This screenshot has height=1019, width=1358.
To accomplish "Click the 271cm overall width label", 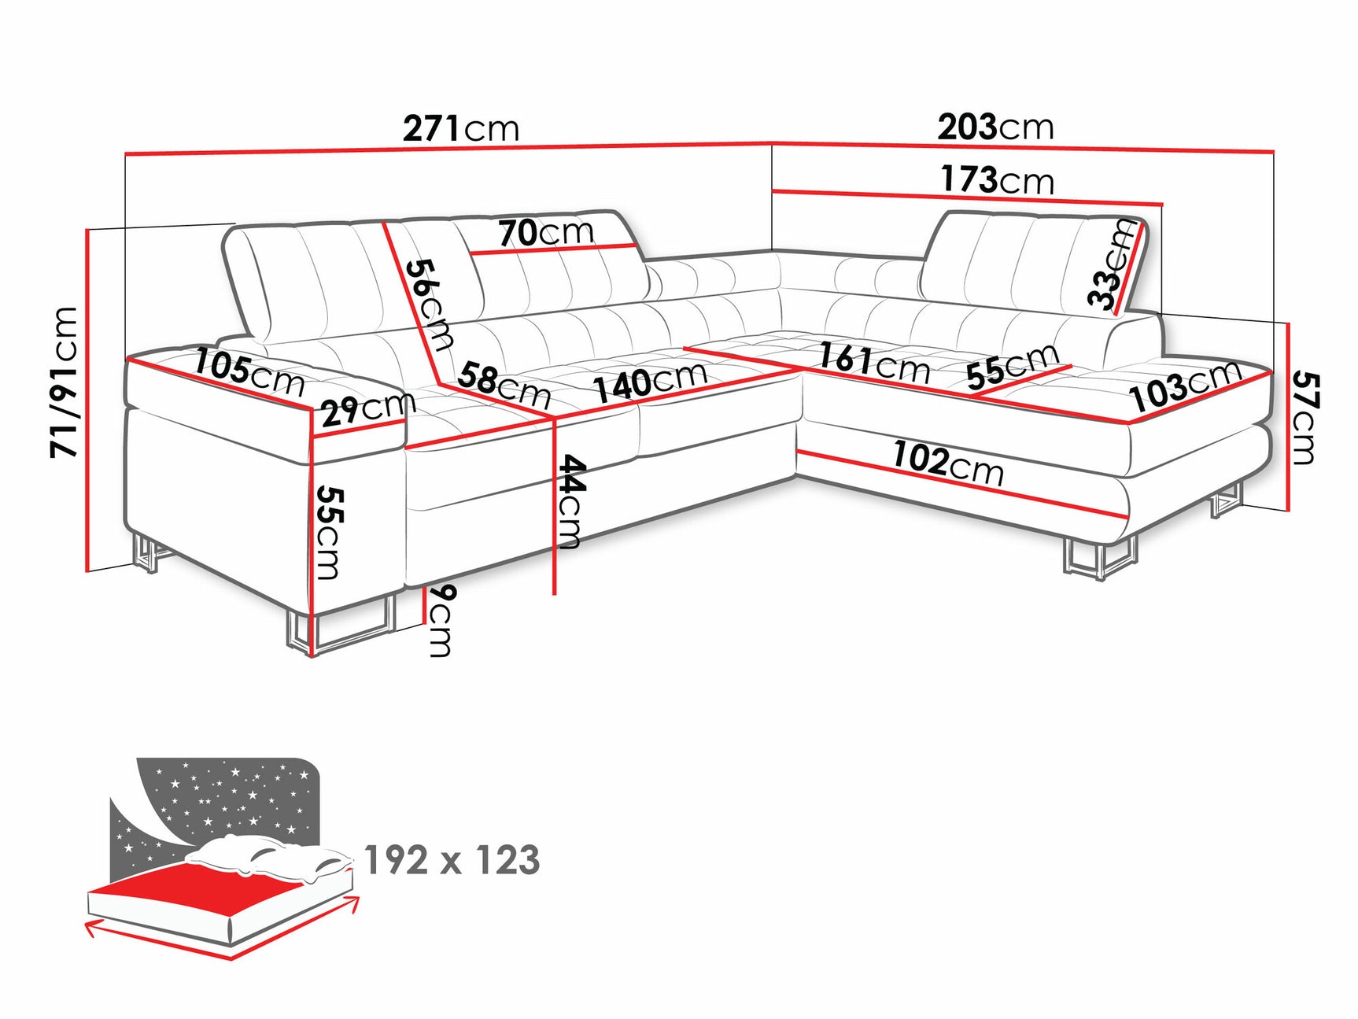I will click(461, 127).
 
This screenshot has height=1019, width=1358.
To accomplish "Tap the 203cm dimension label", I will click(995, 127).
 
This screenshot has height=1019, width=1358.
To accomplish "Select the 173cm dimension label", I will click(997, 180).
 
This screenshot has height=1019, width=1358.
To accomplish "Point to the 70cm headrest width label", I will click(546, 232).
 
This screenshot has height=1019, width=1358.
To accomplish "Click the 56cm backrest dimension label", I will click(430, 304).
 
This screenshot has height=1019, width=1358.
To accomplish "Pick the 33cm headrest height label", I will click(1112, 264).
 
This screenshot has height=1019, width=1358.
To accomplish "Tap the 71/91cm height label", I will click(65, 382).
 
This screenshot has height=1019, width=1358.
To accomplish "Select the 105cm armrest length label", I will click(249, 372).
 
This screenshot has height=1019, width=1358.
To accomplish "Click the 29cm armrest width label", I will click(367, 408).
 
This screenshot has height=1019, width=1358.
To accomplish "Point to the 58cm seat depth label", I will click(504, 385).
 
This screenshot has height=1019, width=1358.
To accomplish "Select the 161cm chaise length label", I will click(873, 362).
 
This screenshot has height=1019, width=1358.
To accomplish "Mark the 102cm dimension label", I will click(948, 464).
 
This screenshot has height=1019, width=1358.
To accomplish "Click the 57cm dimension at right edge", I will click(1304, 419).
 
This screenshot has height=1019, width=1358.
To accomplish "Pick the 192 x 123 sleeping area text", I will click(452, 860).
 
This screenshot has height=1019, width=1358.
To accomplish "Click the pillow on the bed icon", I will click(268, 859).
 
